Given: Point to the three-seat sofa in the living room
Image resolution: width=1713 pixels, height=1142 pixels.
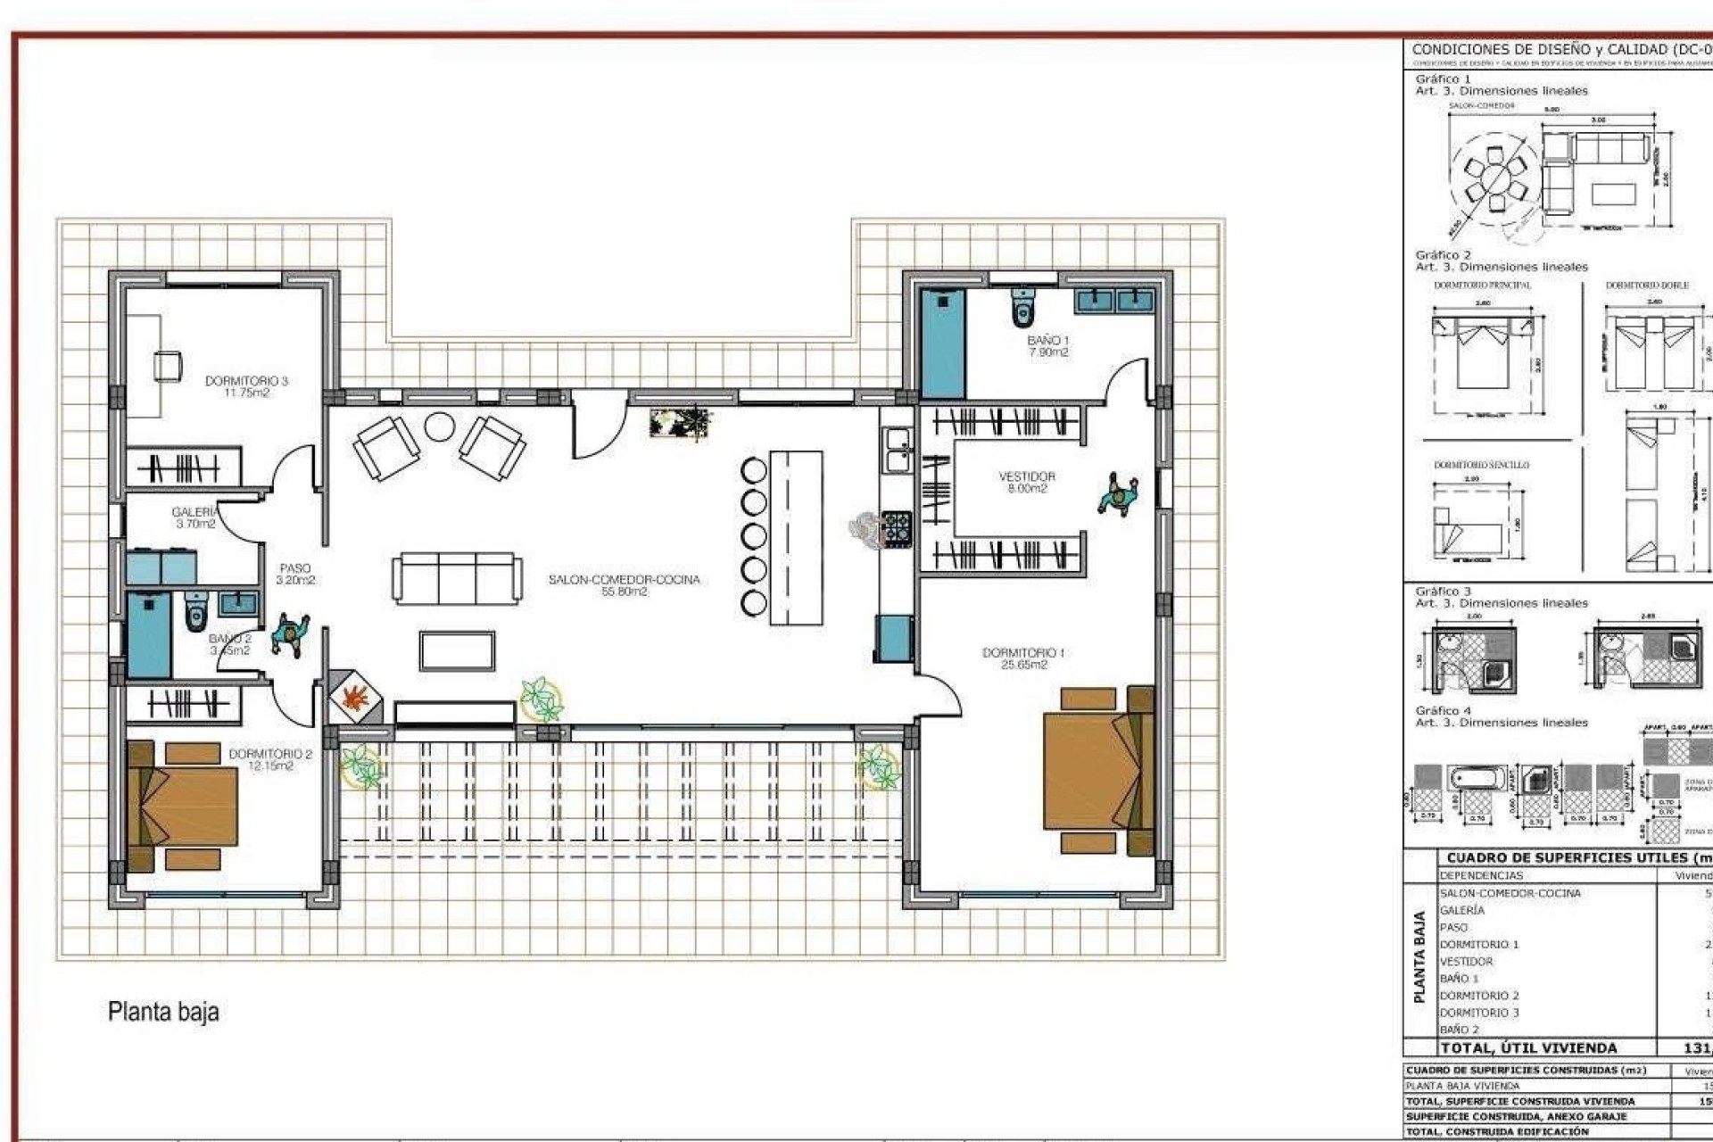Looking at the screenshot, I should point(457,578).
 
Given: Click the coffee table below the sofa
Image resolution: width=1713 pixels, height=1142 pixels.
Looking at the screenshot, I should point(457,650).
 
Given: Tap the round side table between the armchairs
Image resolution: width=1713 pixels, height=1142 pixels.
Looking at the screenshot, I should point(440,427).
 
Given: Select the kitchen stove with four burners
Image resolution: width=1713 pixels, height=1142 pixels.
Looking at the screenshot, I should point(897,528).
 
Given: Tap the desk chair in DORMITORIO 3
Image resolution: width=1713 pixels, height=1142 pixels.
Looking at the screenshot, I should point(168,366).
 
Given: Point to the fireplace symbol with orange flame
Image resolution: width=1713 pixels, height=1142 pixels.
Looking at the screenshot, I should point(354,697).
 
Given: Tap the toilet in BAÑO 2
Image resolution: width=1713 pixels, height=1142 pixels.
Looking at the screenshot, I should point(196,611).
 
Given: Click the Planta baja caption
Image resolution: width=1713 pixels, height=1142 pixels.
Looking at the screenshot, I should point(163,1012).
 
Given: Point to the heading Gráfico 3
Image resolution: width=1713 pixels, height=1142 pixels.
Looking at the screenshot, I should point(1443,592).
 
